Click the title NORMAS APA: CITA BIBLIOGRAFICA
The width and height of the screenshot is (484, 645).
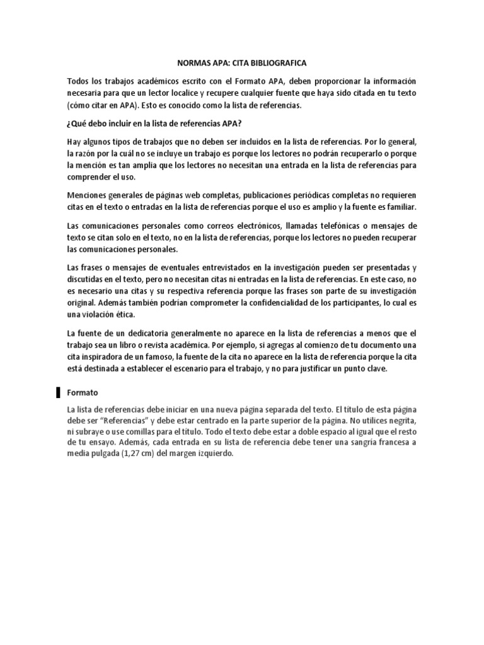242,64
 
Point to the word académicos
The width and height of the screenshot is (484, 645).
164,82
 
